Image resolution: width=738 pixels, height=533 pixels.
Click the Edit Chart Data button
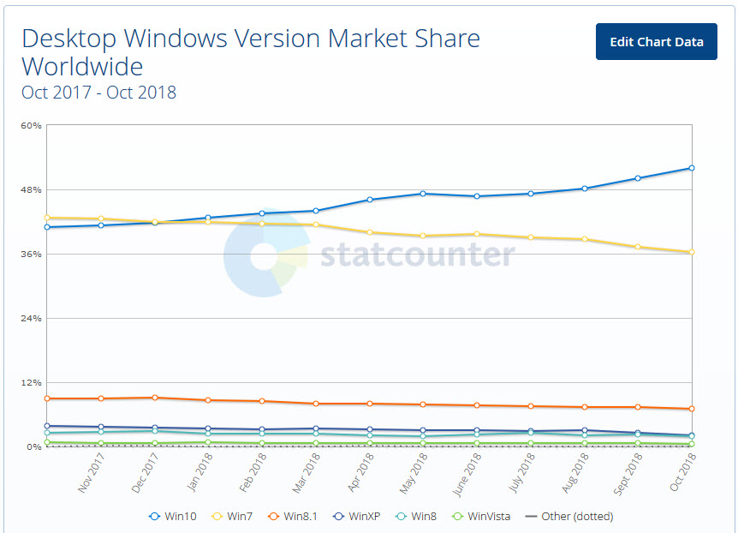tap(656, 41)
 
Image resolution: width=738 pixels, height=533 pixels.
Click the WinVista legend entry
tap(482, 516)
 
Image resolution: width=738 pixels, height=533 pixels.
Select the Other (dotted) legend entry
tap(569, 516)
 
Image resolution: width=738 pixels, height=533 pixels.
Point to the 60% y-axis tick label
tap(31, 125)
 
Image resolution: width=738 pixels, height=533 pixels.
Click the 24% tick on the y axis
tap(31, 318)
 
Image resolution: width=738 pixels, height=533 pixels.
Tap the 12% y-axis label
tap(31, 382)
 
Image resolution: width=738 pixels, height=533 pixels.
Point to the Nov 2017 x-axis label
tap(92, 472)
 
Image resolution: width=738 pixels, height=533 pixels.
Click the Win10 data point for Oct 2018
tap(691, 168)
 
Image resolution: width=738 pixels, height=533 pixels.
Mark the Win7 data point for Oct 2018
tap(691, 252)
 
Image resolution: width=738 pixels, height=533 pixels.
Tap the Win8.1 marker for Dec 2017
tap(155, 398)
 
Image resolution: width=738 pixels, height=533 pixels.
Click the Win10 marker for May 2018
tap(423, 194)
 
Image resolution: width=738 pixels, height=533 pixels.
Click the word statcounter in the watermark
tap(418, 255)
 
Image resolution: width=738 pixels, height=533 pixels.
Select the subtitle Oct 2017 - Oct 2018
tap(98, 93)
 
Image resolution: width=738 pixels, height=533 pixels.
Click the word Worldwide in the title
tap(82, 66)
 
